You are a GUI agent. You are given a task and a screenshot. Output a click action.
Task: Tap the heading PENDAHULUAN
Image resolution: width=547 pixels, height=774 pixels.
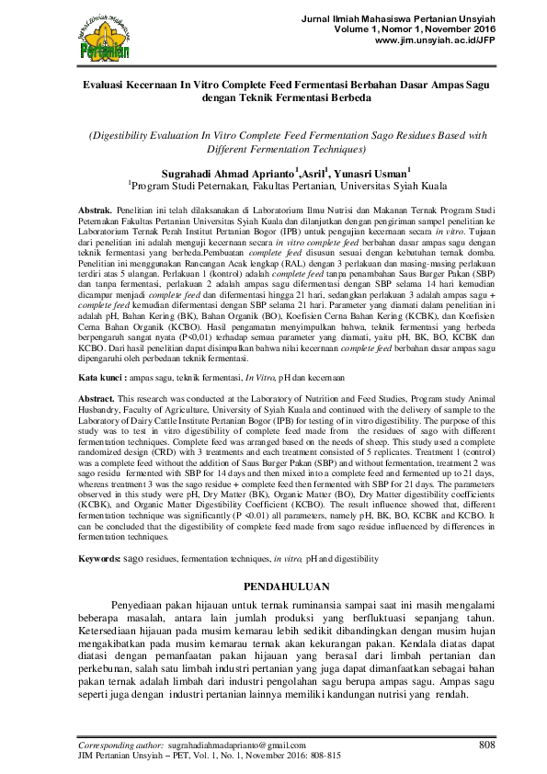click(273, 585)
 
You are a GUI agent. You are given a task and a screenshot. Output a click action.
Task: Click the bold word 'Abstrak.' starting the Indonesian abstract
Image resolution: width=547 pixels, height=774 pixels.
click(96, 210)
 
